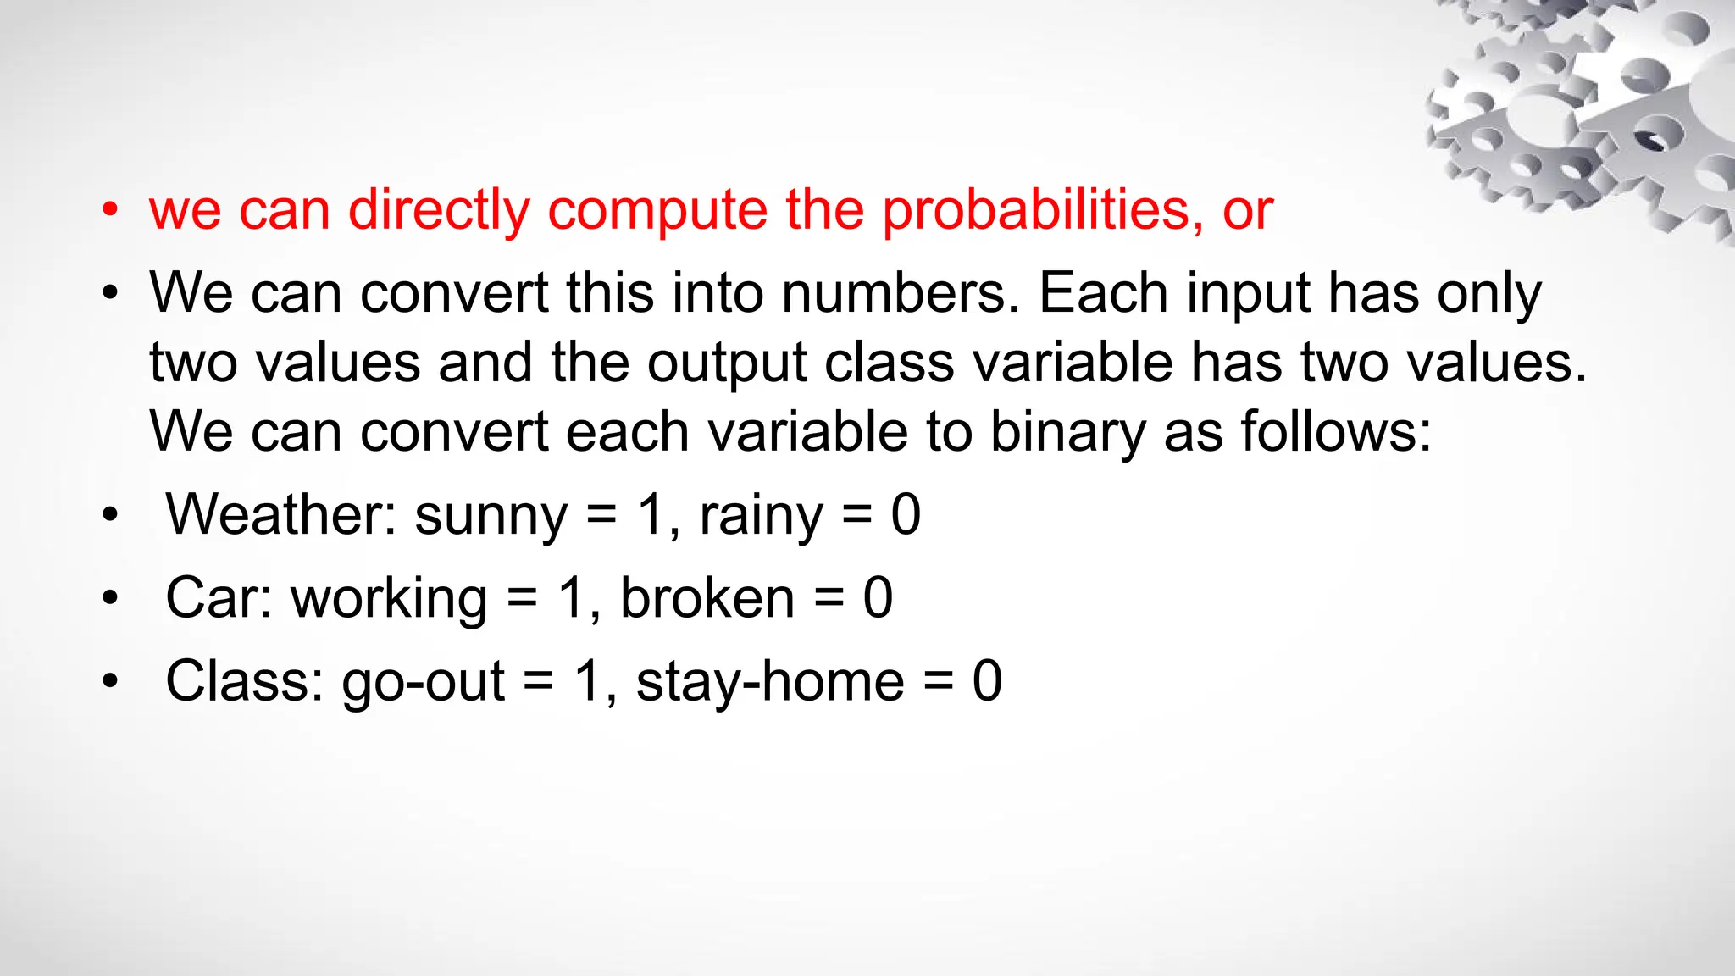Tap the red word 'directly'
coord(439,210)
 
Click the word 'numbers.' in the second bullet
coord(901,293)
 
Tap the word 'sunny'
coord(491,517)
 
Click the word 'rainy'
coord(761,517)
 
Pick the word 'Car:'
coord(219,598)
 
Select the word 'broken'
coord(707,598)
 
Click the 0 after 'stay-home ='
coord(987,681)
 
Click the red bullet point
coord(110,210)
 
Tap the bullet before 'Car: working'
coord(110,599)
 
